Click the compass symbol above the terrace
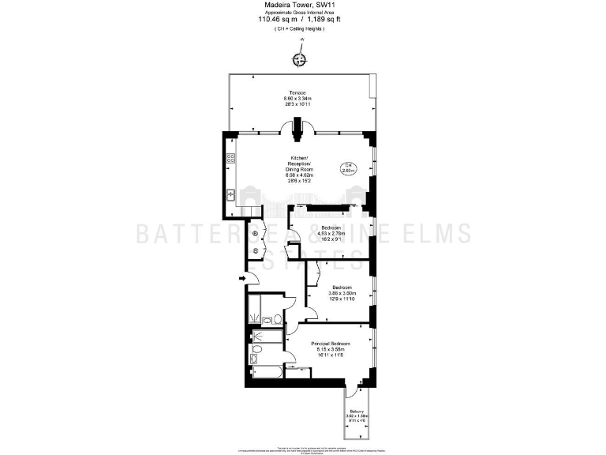tap(299, 59)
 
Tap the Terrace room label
tap(298, 92)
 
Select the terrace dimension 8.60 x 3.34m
tap(298, 98)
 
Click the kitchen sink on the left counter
tap(232, 194)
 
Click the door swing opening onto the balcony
tap(350, 393)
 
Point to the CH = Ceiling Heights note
tap(298, 29)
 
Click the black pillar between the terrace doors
tap(299, 127)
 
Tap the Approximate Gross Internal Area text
tap(298, 13)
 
